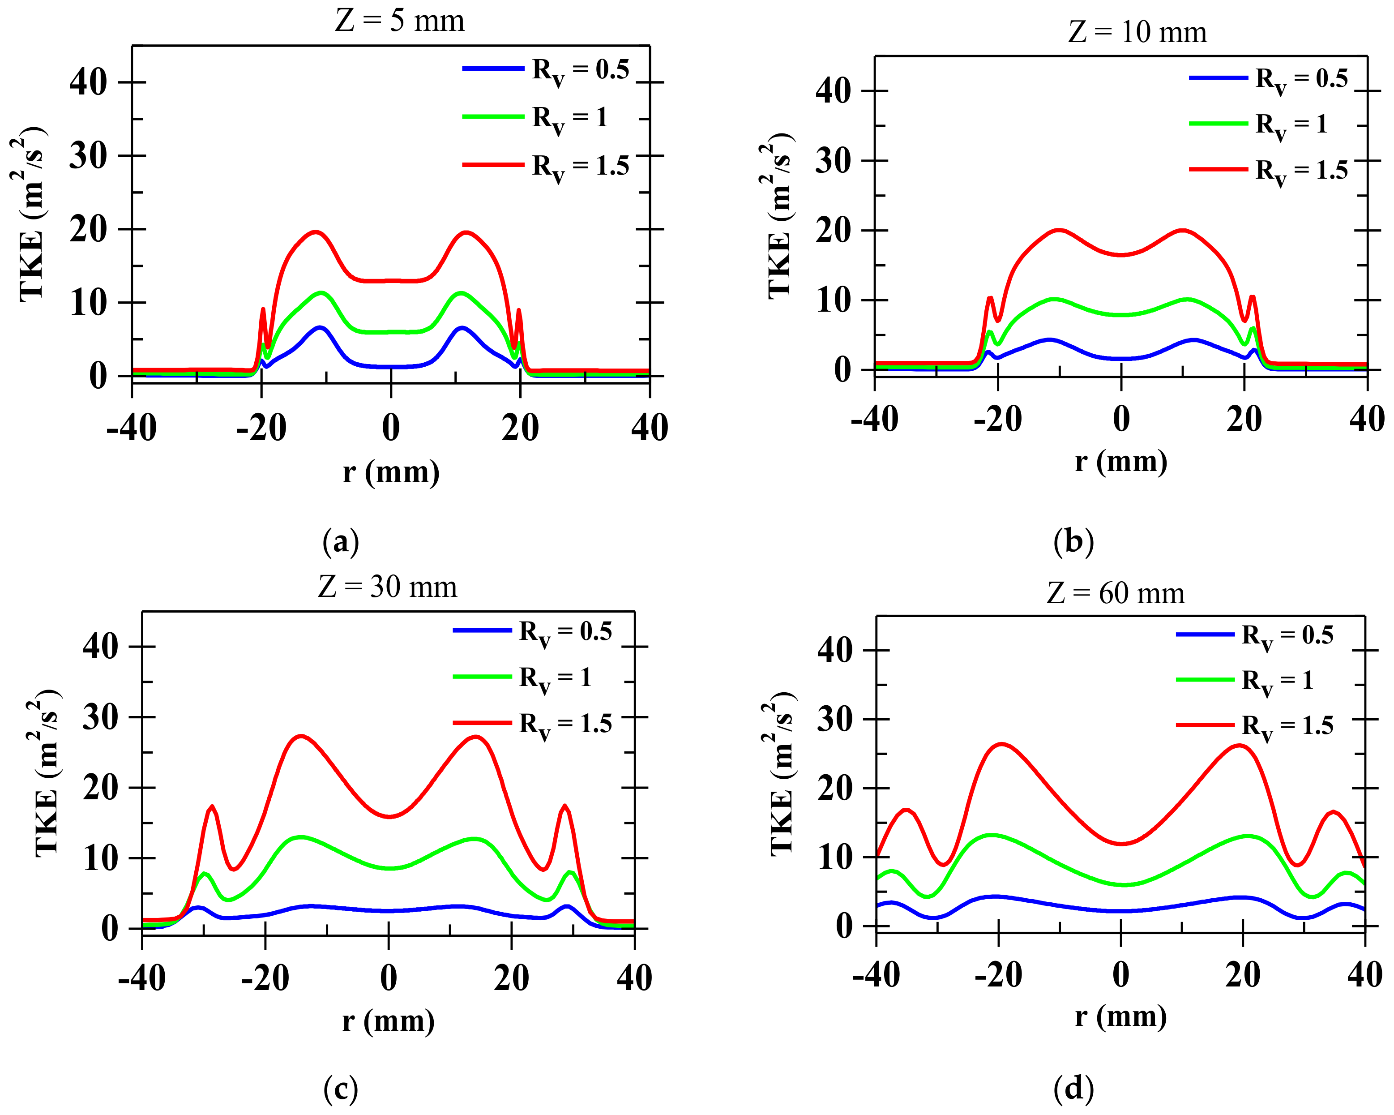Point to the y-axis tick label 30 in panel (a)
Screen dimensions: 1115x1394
[89, 156]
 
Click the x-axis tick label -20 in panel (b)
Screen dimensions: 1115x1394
[998, 419]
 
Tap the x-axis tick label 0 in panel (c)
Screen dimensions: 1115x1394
[389, 978]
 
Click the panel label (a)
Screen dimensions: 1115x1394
[340, 541]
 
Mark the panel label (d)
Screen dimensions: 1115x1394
[1073, 1089]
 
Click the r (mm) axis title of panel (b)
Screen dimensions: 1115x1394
[1120, 462]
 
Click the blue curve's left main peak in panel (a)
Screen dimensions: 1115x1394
[320, 327]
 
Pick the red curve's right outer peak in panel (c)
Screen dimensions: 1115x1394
[565, 806]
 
